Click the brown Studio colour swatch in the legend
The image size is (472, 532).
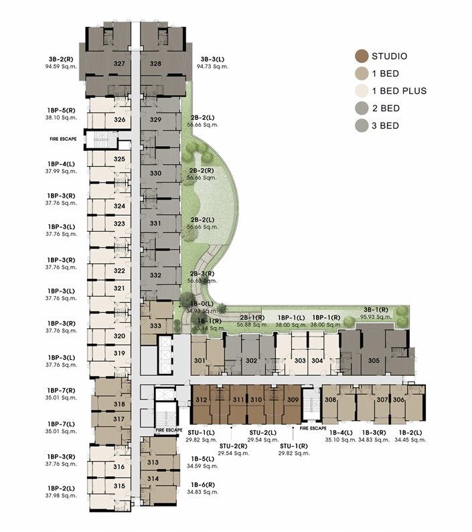(362, 56)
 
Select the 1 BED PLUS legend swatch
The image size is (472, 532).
(362, 90)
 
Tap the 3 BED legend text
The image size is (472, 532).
(393, 125)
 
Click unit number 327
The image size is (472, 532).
(120, 64)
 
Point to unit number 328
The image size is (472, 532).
(155, 64)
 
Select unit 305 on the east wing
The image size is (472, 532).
(374, 360)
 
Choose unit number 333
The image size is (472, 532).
(155, 326)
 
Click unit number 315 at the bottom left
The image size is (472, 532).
(120, 486)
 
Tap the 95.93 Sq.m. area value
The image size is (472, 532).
(376, 317)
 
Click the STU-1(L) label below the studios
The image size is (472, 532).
(201, 433)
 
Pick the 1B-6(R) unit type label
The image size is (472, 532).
(202, 484)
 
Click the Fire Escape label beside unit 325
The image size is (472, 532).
(63, 139)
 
